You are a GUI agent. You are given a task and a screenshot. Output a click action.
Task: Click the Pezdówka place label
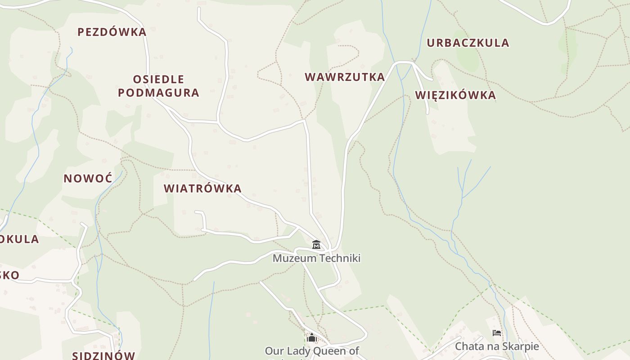[112, 32]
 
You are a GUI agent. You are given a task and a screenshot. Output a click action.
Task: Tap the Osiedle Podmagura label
[158, 86]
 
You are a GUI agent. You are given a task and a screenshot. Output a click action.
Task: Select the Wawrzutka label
[345, 77]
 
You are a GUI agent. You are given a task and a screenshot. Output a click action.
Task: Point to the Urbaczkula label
[468, 43]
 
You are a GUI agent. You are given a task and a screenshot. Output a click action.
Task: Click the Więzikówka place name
[455, 95]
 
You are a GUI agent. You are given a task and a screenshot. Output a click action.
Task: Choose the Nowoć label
[88, 178]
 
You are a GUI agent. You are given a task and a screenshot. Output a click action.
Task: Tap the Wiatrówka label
[202, 188]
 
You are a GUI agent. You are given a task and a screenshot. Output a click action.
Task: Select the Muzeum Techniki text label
[316, 258]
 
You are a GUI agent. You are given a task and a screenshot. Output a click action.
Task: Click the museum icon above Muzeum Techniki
[316, 245]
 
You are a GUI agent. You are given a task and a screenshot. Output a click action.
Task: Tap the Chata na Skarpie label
[497, 346]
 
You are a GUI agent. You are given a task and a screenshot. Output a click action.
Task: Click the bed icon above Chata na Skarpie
[497, 333]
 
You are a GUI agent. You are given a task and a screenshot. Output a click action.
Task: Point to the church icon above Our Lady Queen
[312, 337]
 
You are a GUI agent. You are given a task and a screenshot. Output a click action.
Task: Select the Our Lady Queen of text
[312, 351]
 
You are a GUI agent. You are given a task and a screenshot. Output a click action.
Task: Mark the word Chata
[468, 346]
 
